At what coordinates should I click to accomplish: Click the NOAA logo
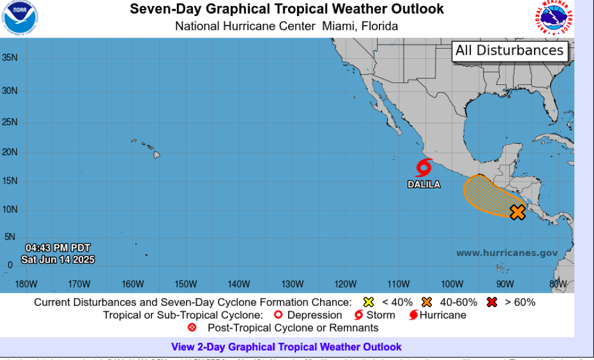click(20, 17)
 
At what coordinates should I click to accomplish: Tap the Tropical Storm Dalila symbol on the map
click(424, 168)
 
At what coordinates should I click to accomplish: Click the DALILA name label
click(424, 185)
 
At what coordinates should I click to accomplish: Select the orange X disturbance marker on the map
click(517, 212)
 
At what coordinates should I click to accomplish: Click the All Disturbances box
click(509, 50)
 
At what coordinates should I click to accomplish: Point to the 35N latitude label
click(10, 58)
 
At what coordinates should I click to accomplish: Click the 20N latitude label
click(10, 152)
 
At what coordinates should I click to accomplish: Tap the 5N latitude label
click(10, 236)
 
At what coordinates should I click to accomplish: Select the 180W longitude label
click(26, 283)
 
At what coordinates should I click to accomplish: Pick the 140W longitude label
click(239, 283)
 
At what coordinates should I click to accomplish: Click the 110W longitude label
click(399, 283)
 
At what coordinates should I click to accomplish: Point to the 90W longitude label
click(505, 283)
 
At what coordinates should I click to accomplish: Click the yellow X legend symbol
click(368, 302)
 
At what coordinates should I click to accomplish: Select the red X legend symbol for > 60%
click(491, 302)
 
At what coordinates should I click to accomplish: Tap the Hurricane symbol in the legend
click(413, 315)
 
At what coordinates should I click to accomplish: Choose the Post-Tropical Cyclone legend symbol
click(192, 328)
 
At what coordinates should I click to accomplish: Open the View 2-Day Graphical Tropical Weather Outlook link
click(286, 347)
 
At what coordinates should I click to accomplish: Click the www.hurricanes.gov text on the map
click(507, 253)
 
